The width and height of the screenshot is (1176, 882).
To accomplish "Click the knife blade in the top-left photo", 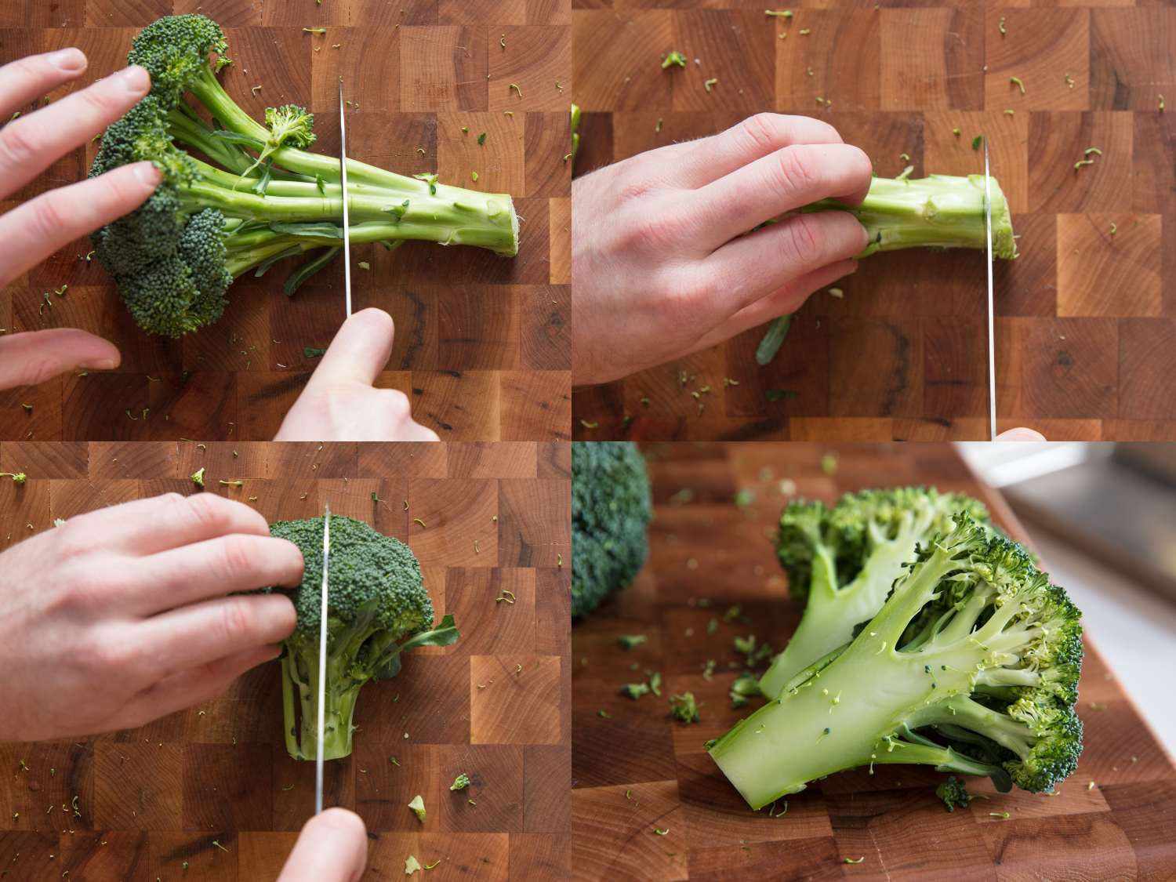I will [x=345, y=196].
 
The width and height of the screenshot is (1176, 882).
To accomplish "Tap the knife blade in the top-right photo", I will [x=990, y=314].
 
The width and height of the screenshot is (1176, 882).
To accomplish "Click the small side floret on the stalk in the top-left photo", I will [x=289, y=125].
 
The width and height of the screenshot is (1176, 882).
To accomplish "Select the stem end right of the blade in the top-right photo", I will [x=1004, y=216].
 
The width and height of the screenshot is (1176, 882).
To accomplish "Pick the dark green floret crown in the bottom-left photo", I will [x=361, y=572].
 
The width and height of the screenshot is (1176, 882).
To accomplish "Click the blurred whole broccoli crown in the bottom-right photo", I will [x=608, y=525].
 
